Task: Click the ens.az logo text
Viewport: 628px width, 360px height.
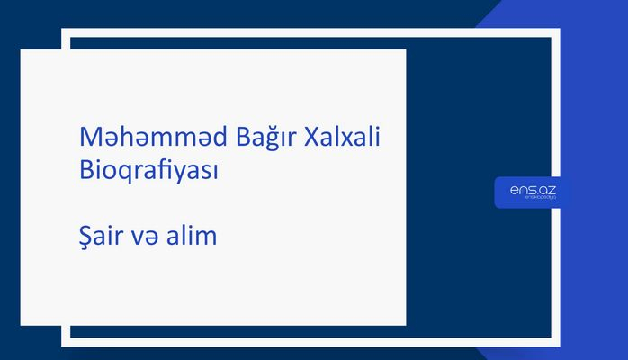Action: click(527, 189)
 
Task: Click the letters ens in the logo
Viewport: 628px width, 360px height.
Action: click(517, 189)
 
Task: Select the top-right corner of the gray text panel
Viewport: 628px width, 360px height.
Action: click(405, 50)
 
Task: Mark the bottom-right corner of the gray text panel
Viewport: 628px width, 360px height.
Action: click(405, 325)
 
